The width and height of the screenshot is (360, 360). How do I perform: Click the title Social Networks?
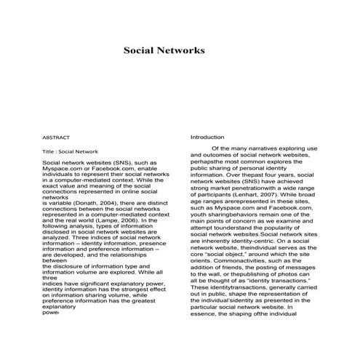(164, 52)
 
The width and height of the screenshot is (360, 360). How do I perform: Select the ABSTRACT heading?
(57, 137)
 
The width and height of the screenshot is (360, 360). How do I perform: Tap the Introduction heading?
(207, 137)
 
